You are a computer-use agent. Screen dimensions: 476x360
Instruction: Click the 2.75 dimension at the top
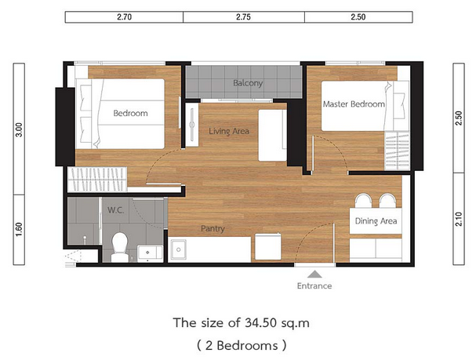[x=243, y=17]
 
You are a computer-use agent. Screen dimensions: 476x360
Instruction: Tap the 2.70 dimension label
[x=125, y=17]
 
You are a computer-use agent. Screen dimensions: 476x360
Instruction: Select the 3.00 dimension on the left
[x=19, y=129]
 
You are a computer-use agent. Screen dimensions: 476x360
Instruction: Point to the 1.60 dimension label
[x=19, y=230]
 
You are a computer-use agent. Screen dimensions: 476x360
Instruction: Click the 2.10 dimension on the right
[x=459, y=219]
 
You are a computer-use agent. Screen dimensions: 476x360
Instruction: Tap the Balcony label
[x=248, y=83]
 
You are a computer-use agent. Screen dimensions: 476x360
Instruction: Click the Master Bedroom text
[x=354, y=104]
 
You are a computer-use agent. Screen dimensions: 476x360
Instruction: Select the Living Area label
[x=229, y=131]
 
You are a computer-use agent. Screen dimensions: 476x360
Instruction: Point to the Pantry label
[x=213, y=228]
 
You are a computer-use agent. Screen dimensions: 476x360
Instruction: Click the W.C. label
[x=115, y=210]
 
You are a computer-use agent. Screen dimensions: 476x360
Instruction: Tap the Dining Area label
[x=376, y=221]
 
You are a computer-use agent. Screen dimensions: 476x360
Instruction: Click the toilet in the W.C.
[x=120, y=247]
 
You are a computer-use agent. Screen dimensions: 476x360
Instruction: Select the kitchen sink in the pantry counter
[x=179, y=249]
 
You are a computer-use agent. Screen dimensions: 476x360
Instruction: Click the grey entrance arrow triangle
[x=314, y=275]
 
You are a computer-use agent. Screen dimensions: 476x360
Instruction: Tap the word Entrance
[x=314, y=286]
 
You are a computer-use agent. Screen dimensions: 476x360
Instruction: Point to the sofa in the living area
[x=273, y=136]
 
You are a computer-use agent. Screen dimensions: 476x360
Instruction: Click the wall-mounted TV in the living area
[x=192, y=125]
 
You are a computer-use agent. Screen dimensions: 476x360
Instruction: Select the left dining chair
[x=363, y=201]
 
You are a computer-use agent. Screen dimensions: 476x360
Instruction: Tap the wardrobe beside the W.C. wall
[x=97, y=180]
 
